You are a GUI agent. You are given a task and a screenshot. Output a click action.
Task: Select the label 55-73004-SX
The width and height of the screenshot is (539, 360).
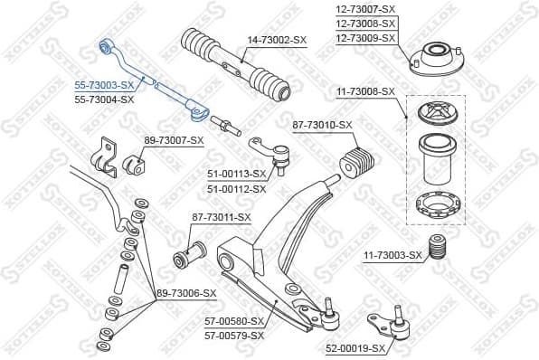(x=103, y=99)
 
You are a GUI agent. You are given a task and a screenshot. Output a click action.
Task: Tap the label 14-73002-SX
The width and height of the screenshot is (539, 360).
(x=278, y=40)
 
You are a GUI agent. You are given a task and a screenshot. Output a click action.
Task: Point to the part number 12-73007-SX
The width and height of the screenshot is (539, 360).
(x=366, y=8)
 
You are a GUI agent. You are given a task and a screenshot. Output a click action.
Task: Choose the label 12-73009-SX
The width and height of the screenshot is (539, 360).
(x=366, y=38)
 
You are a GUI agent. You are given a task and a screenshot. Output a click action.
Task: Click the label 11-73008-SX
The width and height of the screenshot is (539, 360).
(x=366, y=91)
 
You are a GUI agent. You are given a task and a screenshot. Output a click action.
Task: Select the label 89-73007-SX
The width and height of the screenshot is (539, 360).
(x=174, y=140)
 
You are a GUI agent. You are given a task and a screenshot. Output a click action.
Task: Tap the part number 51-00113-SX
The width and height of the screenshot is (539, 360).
(x=237, y=174)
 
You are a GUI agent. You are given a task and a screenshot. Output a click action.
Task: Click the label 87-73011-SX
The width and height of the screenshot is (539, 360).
(x=221, y=217)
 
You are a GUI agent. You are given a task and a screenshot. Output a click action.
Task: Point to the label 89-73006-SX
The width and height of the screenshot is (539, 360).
(x=186, y=293)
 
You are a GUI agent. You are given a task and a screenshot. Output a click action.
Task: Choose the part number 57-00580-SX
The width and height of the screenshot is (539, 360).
(x=234, y=321)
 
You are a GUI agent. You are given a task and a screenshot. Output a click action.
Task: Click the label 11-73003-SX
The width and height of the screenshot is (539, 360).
(x=392, y=256)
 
